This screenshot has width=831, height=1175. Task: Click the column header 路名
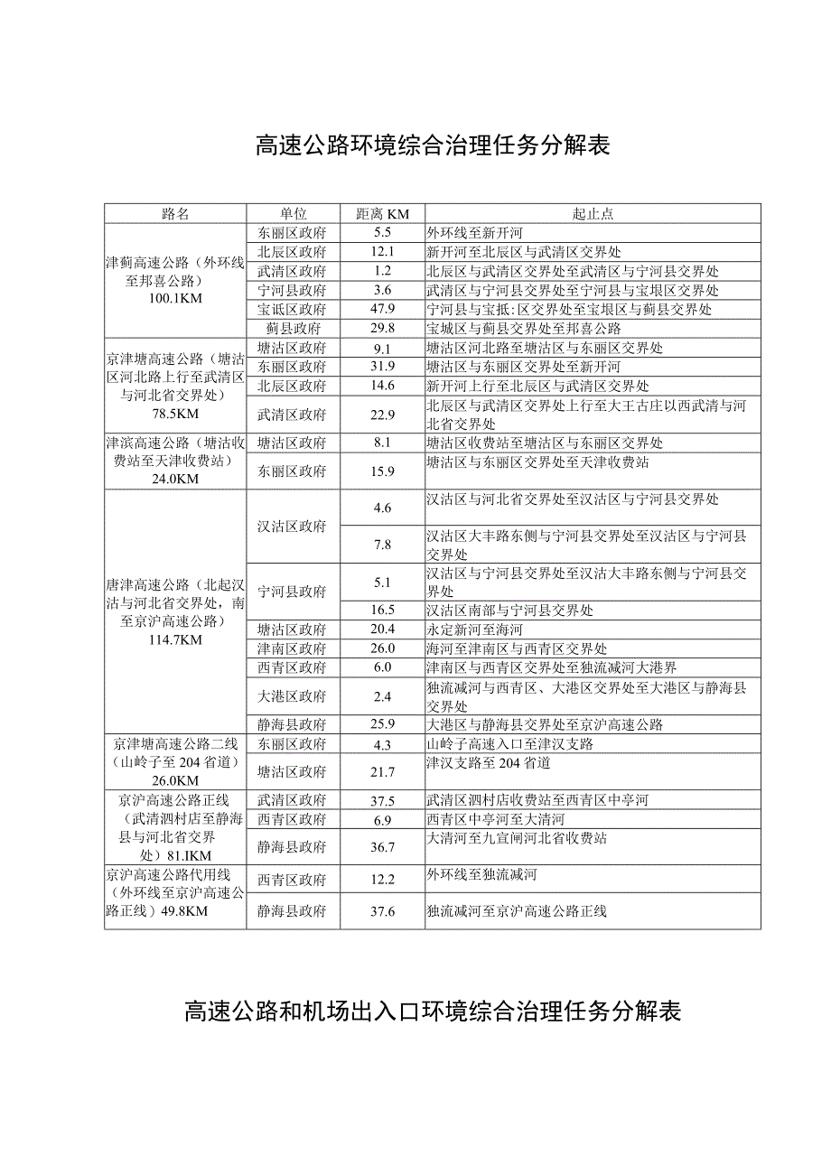[175, 214]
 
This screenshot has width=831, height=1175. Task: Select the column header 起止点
[593, 214]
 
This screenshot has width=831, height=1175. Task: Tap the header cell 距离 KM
[382, 214]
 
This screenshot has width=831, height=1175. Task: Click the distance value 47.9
[382, 310]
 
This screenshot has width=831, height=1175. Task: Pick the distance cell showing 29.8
[382, 329]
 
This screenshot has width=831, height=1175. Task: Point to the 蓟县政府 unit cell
[293, 329]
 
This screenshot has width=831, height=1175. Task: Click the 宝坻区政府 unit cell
[293, 310]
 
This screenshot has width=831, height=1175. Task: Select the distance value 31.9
[382, 367]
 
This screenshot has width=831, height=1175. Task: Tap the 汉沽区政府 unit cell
[293, 527]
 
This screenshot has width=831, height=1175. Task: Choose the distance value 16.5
[382, 611]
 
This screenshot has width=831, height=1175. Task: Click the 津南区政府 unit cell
[293, 648]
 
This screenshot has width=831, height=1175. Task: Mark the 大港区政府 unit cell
[293, 696]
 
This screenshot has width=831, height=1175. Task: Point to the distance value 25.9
[382, 724]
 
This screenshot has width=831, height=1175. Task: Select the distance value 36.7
[382, 847]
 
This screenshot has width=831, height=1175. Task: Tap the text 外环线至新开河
[475, 233]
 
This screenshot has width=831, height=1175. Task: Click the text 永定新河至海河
[475, 629]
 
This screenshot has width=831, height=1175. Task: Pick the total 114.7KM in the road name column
[175, 639]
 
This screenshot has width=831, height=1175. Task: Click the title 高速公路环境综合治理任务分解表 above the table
[433, 145]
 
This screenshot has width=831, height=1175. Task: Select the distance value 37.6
[382, 911]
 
